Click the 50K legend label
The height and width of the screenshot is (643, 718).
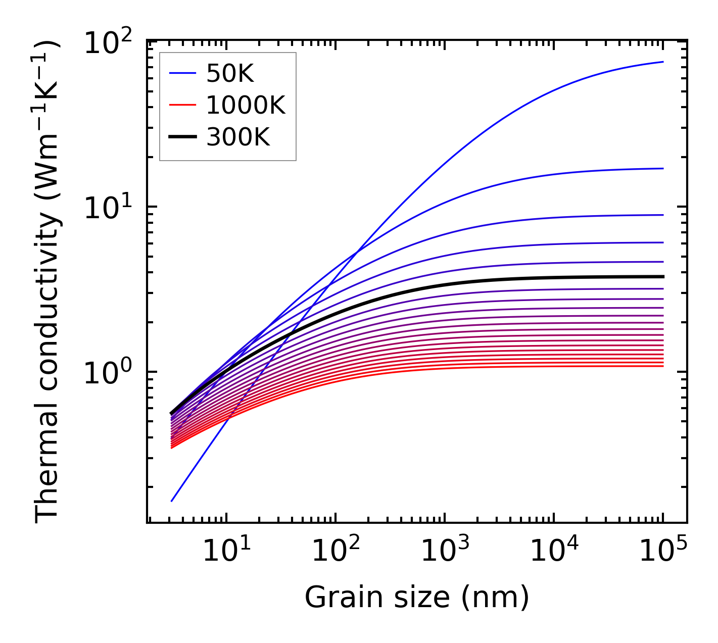[230, 74]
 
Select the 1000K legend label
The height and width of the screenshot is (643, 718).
[246, 106]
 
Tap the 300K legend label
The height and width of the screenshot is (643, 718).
[238, 137]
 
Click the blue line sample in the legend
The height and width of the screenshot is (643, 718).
[182, 74]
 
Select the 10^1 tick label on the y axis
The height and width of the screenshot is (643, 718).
[108, 209]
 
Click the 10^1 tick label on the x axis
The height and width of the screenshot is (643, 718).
[226, 551]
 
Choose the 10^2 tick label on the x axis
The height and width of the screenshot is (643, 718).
[335, 551]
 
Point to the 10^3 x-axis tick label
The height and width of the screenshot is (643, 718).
[444, 551]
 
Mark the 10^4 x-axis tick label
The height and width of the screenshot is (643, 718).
[554, 551]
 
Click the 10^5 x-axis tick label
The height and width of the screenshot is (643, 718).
[663, 551]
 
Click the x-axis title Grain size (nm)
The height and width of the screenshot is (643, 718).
[417, 598]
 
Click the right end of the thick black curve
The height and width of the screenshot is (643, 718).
[662, 277]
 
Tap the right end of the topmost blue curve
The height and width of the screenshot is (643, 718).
[662, 62]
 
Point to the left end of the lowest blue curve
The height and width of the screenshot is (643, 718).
[172, 501]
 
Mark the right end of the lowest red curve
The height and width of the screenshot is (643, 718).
[662, 366]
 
